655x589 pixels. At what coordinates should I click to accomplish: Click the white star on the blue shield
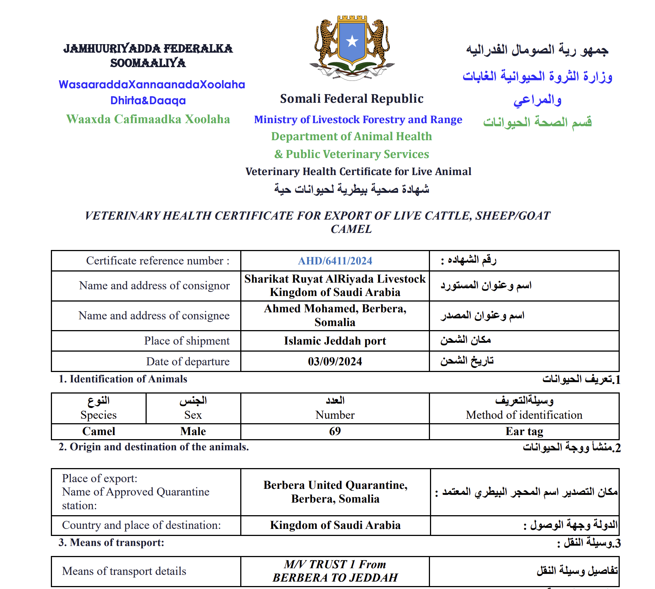[x=352, y=41]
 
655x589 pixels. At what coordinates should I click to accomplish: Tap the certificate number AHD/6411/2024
[x=335, y=261]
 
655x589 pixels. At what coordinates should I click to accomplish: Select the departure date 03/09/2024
[x=335, y=361]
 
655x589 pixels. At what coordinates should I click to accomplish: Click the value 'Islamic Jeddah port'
[x=335, y=341]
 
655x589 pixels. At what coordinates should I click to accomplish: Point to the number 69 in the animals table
[x=335, y=431]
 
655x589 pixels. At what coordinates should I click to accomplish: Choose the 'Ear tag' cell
[x=524, y=431]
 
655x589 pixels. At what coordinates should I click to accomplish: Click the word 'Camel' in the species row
[x=99, y=431]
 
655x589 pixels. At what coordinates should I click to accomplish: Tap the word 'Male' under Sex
[x=193, y=431]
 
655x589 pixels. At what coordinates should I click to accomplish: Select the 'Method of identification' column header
[x=524, y=415]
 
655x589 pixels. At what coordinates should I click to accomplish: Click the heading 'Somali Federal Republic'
[x=352, y=99]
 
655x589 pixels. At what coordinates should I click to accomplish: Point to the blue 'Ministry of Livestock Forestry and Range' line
[x=358, y=119]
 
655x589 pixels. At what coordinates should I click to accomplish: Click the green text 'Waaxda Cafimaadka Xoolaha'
[x=148, y=119]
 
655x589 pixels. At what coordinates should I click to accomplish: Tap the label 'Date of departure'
[x=188, y=361]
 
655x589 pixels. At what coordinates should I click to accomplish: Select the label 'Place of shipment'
[x=187, y=341]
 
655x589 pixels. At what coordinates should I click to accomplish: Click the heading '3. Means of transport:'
[x=111, y=543]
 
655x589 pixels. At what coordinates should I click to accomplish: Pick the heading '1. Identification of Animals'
[x=123, y=379]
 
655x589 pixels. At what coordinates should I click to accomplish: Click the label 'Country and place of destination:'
[x=141, y=525]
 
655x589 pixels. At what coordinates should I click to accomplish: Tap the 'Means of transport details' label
[x=124, y=571]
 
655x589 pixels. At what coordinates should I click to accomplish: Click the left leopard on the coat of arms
[x=326, y=41]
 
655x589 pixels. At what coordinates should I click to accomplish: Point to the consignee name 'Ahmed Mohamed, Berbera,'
[x=335, y=309]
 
